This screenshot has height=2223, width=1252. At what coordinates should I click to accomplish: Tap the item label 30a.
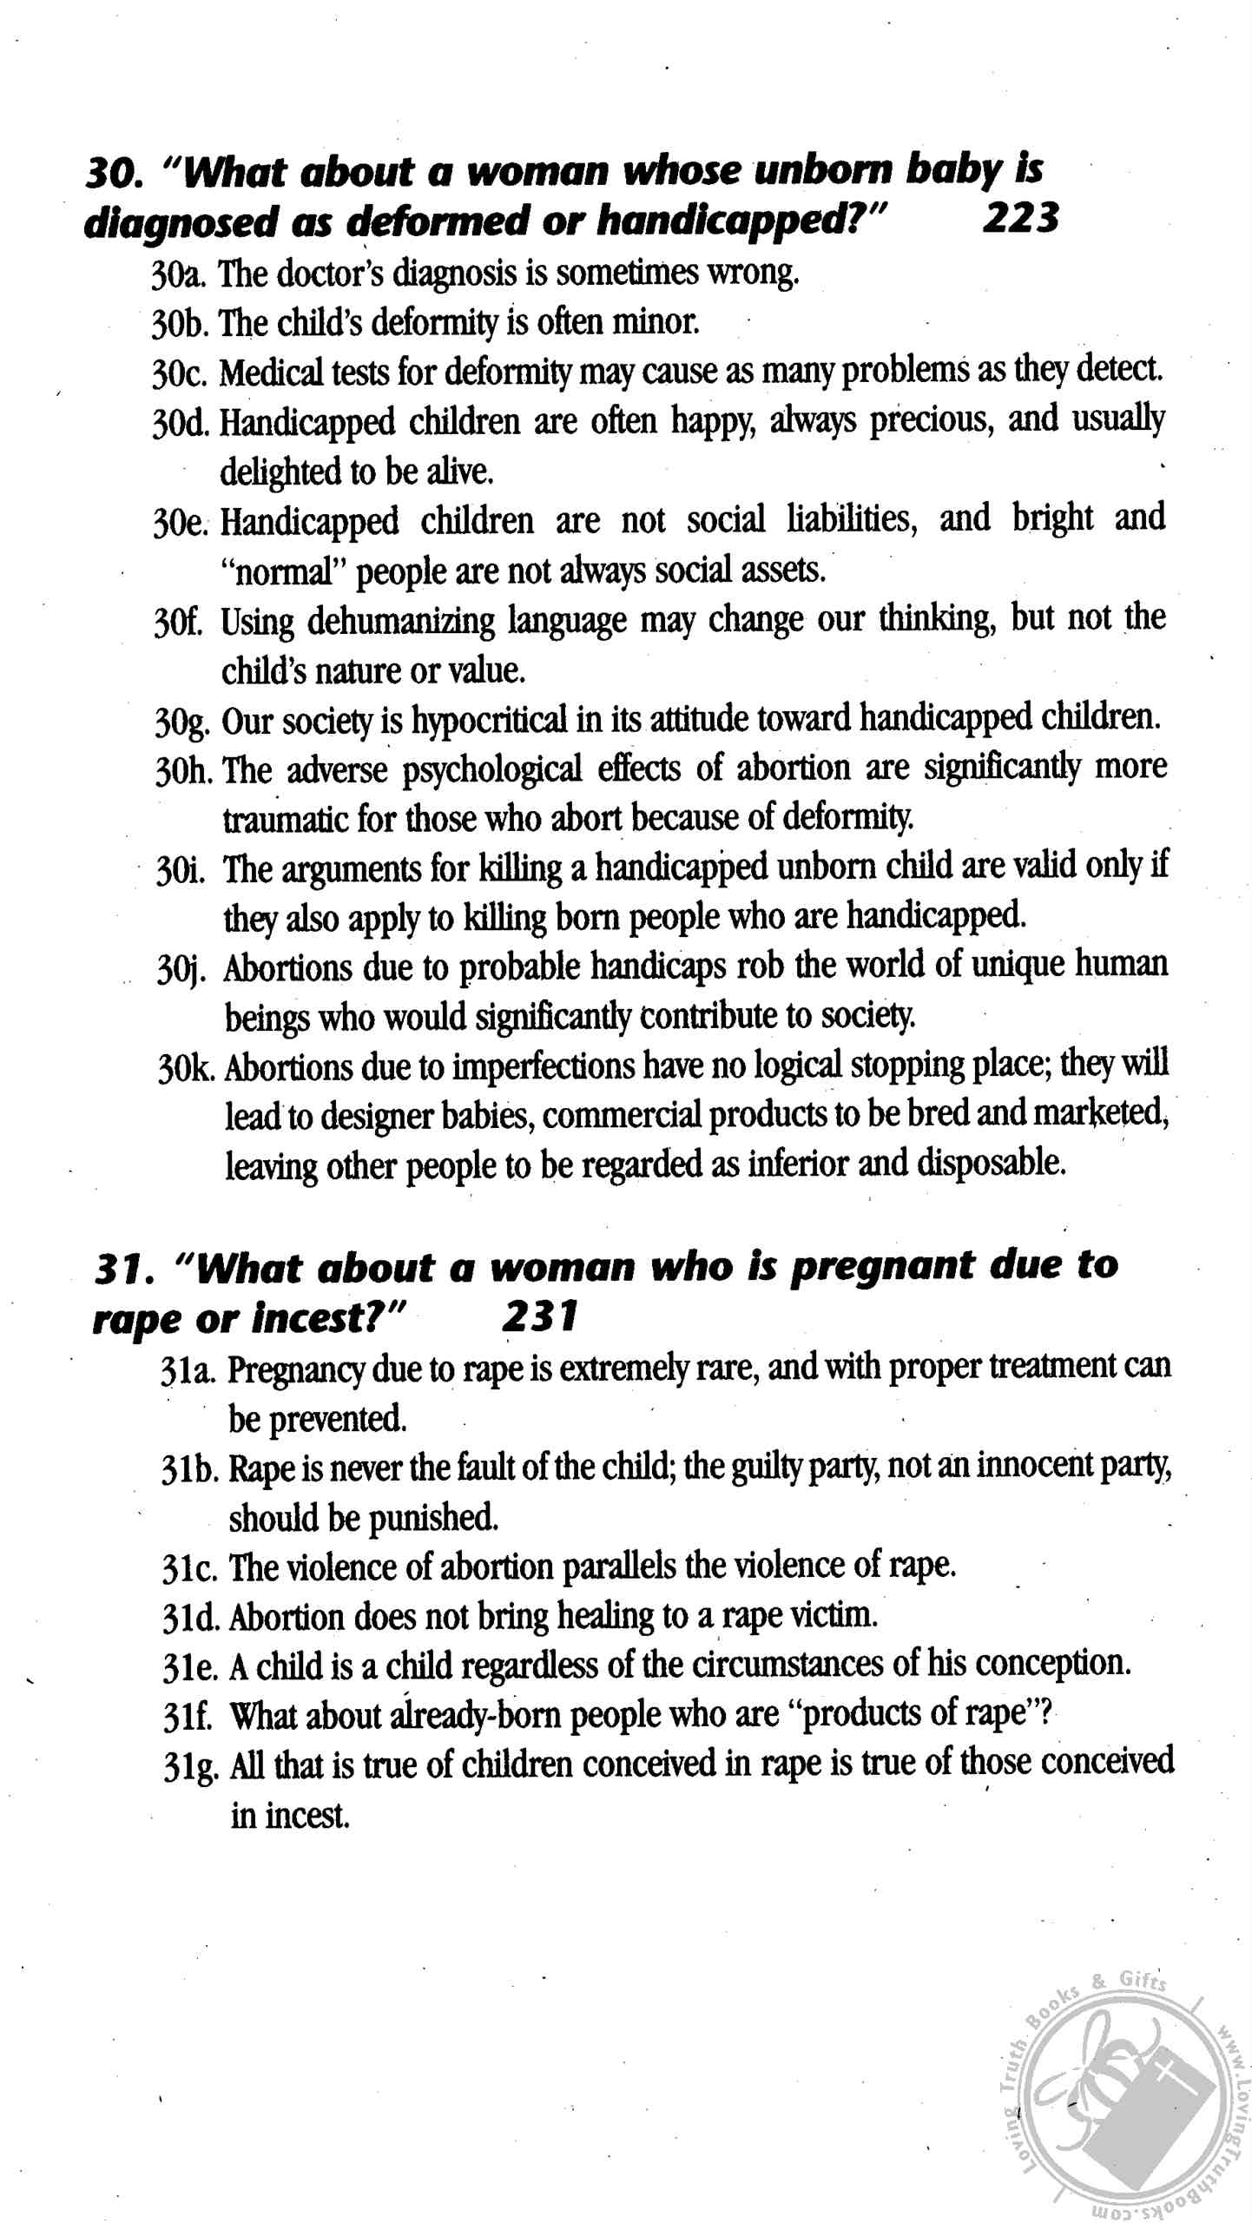tap(178, 274)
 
